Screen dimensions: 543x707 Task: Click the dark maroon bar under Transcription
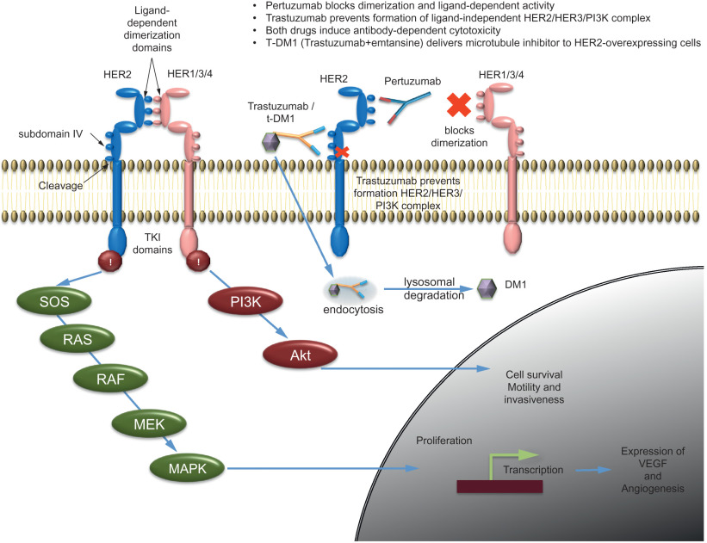(x=499, y=487)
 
